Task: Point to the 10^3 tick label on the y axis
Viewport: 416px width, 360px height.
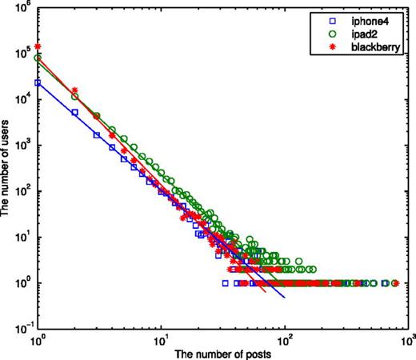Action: point(22,146)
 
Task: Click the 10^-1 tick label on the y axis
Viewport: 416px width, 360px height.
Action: point(21,327)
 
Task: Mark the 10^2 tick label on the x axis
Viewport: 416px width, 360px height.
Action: point(286,339)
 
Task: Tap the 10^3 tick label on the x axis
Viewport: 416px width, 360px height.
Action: point(409,339)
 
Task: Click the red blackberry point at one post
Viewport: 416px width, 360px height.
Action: point(38,47)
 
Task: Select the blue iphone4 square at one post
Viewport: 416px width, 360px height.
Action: point(38,82)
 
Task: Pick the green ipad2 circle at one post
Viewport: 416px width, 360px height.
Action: point(38,58)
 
